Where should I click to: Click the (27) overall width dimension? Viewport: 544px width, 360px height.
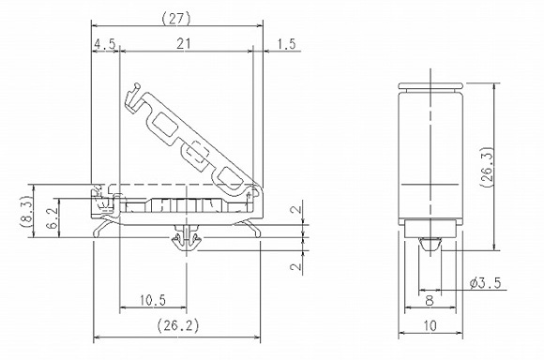tap(176, 19)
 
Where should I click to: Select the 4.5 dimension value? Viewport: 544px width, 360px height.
tap(104, 44)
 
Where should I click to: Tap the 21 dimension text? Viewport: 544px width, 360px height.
tap(184, 44)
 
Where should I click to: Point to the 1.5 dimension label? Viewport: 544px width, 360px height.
tap(287, 44)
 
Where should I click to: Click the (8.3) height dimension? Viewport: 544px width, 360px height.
tap(27, 211)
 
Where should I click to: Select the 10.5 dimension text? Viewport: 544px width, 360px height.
tap(153, 300)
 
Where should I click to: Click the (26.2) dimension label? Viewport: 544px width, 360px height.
tap(178, 325)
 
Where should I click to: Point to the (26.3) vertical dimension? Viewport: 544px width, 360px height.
tap(487, 167)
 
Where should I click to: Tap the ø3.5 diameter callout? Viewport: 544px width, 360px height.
tap(485, 283)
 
